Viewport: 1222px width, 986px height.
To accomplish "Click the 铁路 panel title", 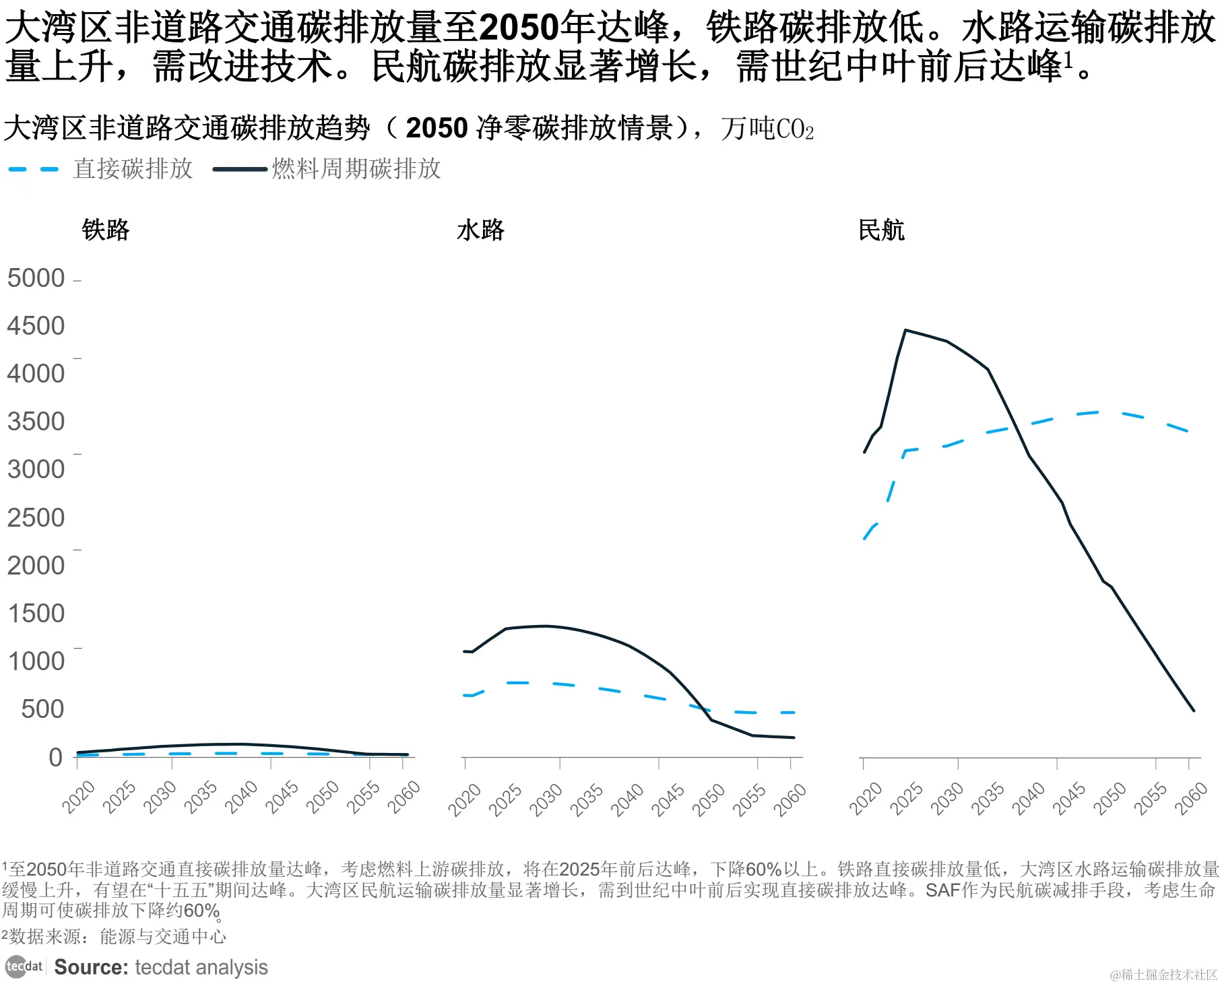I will coord(105,230).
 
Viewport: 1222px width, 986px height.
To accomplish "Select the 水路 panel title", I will coord(480,230).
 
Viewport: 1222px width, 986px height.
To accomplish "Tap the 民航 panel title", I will coord(881,230).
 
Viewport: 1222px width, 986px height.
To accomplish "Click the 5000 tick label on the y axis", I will coord(36,278).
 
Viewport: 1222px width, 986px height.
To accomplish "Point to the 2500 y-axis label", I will coord(36,517).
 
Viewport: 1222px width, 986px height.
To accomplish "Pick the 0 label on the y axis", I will coord(55,757).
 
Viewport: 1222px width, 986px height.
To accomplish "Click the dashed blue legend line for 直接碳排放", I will coord(34,169).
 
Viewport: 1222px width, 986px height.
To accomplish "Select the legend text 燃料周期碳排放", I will coord(356,169).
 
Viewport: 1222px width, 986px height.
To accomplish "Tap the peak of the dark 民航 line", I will coord(905,330).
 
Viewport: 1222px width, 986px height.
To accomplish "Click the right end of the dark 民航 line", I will coord(1193,710).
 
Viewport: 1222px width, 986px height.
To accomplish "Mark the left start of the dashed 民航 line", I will coord(864,539).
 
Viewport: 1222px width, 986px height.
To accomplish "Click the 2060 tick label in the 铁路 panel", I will coord(404,796).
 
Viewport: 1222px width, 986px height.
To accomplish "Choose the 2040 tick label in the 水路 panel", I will coord(627,799).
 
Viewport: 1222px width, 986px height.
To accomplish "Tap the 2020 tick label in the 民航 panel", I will coord(866,798).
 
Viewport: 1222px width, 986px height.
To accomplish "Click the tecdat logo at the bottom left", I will coord(24,967).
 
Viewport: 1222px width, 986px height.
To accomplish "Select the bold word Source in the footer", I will coord(91,967).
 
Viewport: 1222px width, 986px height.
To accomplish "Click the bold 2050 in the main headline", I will coord(518,28).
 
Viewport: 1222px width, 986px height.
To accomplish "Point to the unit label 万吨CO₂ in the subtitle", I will coord(767,129).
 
